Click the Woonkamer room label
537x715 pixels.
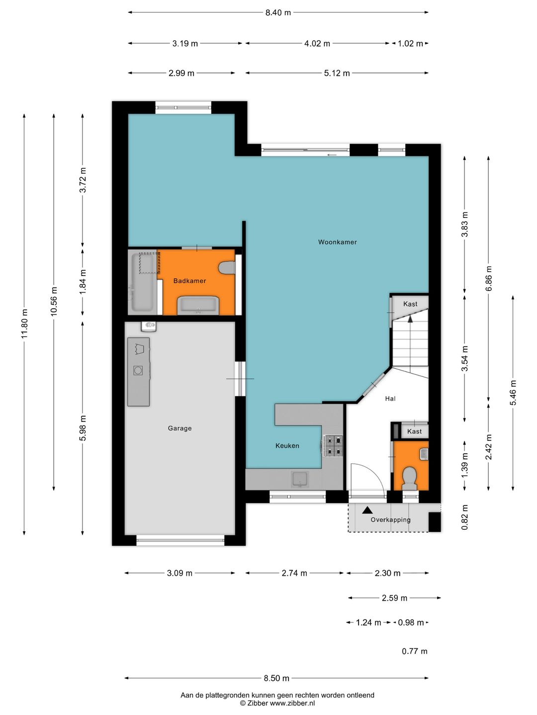337,242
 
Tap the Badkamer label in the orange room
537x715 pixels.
189,281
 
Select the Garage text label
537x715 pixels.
179,429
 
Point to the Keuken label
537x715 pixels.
287,445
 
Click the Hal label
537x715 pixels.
390,398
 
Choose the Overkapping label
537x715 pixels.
390,519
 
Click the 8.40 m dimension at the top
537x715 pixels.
278,13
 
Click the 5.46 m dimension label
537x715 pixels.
513,393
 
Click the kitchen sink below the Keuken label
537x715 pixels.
300,479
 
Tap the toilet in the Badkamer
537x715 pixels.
227,268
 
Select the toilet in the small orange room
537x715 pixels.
410,478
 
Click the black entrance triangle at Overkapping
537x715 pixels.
367,510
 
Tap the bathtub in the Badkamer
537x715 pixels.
143,282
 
